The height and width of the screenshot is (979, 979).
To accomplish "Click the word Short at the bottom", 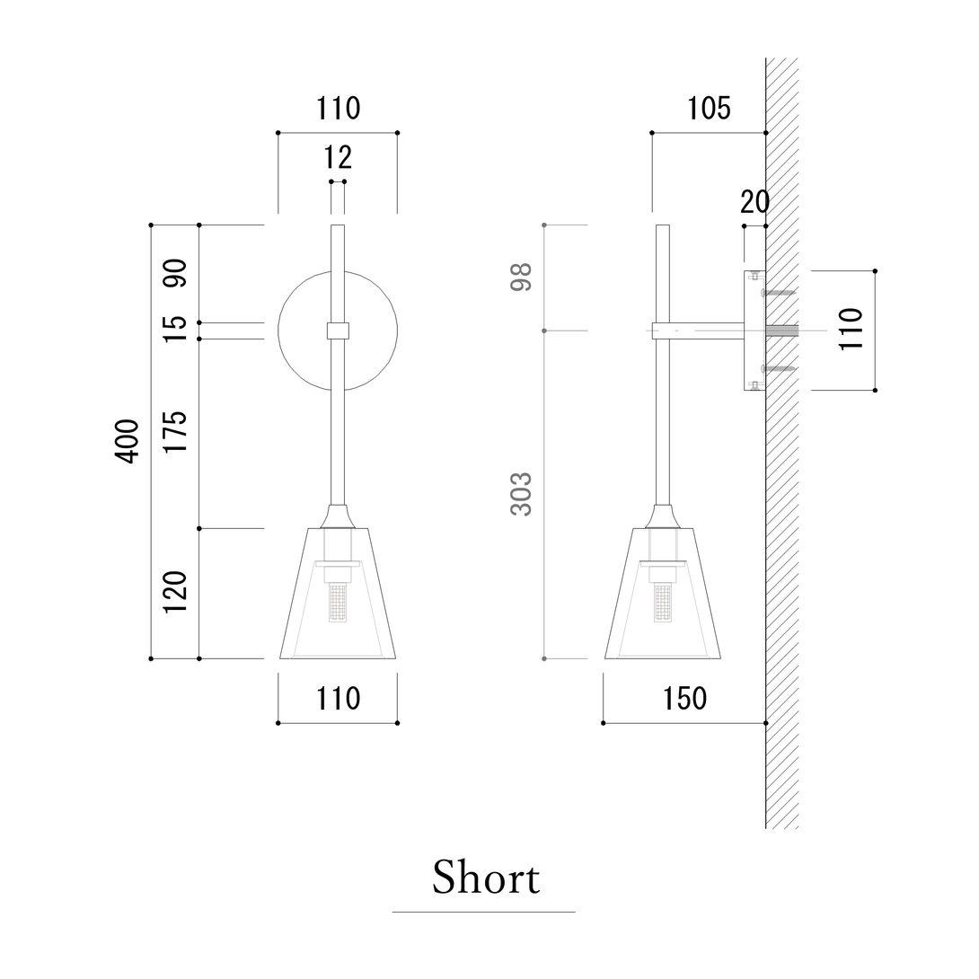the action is pos(486,878).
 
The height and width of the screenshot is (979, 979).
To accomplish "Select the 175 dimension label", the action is pos(175,432).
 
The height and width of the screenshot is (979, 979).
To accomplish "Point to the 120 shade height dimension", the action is pos(175,591).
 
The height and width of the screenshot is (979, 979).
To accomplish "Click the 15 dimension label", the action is pos(175,329).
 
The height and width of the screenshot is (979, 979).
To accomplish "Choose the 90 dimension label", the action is pos(175,273).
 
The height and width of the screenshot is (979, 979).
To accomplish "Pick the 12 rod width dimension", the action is pos(338,157).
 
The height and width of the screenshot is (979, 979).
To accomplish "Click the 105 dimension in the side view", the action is pos(709,109).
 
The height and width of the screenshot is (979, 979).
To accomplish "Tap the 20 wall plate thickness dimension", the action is pos(754,202).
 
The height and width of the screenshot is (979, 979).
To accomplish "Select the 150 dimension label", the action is pos(685,699).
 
